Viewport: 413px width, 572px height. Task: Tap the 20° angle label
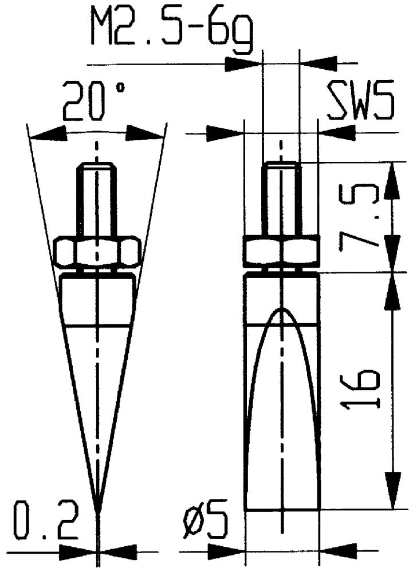pos(94,101)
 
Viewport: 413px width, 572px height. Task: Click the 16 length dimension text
pos(360,388)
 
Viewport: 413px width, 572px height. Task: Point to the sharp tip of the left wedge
pos(97,510)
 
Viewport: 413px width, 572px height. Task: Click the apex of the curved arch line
pos(281,309)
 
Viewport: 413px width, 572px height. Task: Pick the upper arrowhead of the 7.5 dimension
pos(392,181)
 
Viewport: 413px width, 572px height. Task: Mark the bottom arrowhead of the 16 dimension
pos(393,490)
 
